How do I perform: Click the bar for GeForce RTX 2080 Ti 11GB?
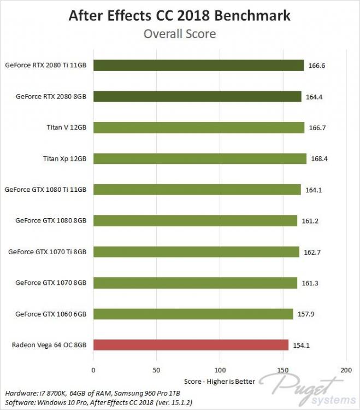198,65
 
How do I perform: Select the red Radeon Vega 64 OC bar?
191,345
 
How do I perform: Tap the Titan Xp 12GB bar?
199,159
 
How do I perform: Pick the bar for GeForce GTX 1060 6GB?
193,314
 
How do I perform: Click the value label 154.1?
299,345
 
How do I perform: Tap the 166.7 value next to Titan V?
315,127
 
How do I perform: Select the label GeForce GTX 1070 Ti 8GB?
48,252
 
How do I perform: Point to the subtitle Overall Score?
180,34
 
